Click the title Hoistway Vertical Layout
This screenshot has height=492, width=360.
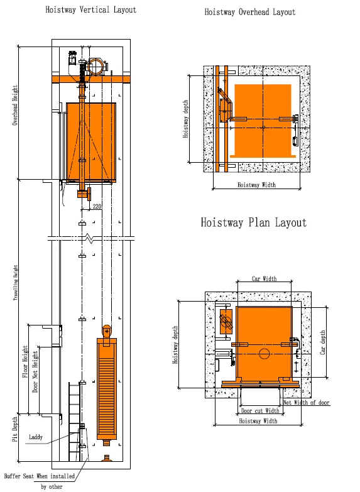click(x=90, y=9)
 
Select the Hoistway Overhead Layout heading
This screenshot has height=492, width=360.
click(x=250, y=12)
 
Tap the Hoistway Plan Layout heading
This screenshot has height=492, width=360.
click(x=254, y=222)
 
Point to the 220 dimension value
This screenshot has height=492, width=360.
click(x=97, y=206)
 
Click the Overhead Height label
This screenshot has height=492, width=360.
click(x=15, y=106)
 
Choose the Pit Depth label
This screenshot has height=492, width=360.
click(x=14, y=430)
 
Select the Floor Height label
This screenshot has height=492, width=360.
click(x=25, y=361)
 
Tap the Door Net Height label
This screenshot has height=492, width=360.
click(x=35, y=371)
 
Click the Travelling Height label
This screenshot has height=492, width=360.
click(x=15, y=283)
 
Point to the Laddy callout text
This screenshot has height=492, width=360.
click(x=35, y=437)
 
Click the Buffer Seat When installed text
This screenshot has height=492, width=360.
click(x=39, y=476)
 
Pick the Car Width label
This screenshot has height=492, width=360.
click(x=265, y=278)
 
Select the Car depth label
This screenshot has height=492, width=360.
click(x=322, y=342)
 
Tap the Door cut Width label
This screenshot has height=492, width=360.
click(x=260, y=411)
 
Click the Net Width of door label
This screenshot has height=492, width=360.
click(x=307, y=403)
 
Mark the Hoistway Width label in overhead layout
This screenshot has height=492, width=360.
click(x=257, y=185)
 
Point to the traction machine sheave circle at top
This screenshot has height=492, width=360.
click(x=96, y=67)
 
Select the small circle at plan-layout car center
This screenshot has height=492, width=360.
click(x=265, y=354)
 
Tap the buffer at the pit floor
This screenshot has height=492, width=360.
click(x=107, y=458)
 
